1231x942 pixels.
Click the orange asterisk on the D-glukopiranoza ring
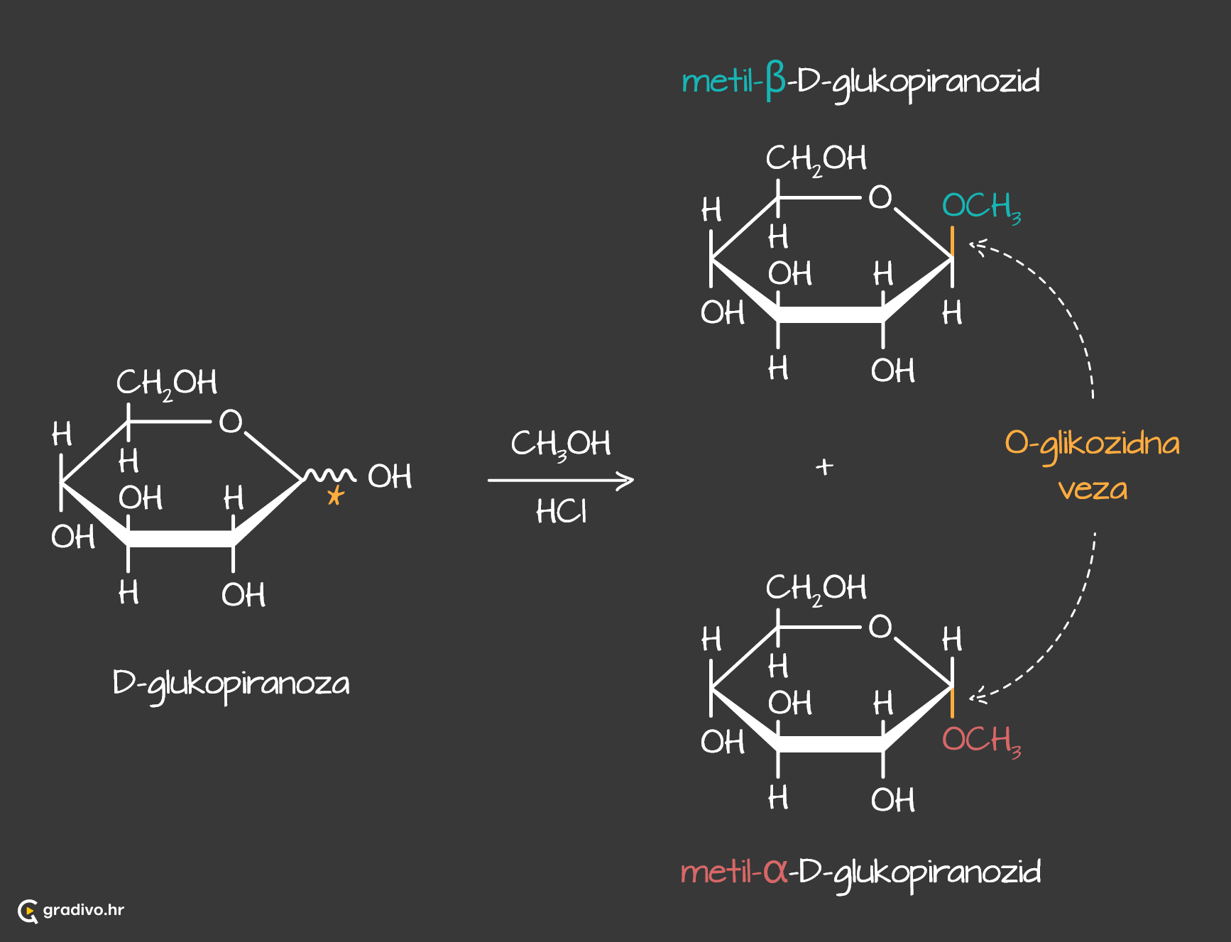[x=335, y=495]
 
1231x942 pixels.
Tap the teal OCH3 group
[x=980, y=207]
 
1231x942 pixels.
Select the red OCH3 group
[x=980, y=740]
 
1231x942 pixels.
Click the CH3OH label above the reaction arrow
[x=560, y=444]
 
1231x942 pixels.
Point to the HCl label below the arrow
[x=561, y=511]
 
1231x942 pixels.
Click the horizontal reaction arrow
[x=560, y=481]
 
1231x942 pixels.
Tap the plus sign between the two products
[x=824, y=466]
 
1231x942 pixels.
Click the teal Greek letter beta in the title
[x=775, y=81]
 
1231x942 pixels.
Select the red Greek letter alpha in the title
[x=775, y=871]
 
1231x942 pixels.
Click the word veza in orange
[x=1092, y=489]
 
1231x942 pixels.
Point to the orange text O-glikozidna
[x=1092, y=444]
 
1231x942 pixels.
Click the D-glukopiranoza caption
[x=231, y=684]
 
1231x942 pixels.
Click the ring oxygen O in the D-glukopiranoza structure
[x=231, y=422]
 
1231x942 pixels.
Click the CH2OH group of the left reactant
[x=167, y=383]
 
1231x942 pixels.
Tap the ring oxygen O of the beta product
[x=880, y=197]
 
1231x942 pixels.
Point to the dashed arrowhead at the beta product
[x=978, y=246]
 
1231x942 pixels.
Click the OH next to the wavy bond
[x=390, y=477]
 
